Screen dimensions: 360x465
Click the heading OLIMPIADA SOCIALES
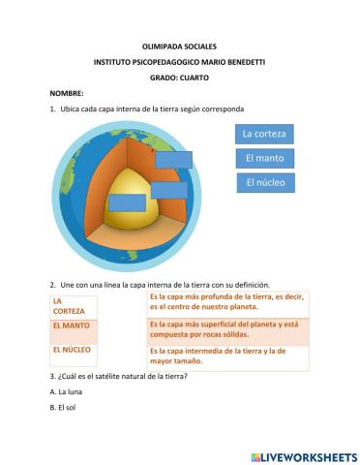point(179,46)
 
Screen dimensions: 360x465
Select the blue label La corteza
point(264,134)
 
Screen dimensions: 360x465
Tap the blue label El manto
point(264,158)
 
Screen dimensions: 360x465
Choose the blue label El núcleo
point(264,182)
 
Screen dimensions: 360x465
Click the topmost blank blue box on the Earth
point(173,160)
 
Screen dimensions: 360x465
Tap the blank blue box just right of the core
point(169,190)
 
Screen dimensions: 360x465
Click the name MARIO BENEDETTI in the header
point(231,61)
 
